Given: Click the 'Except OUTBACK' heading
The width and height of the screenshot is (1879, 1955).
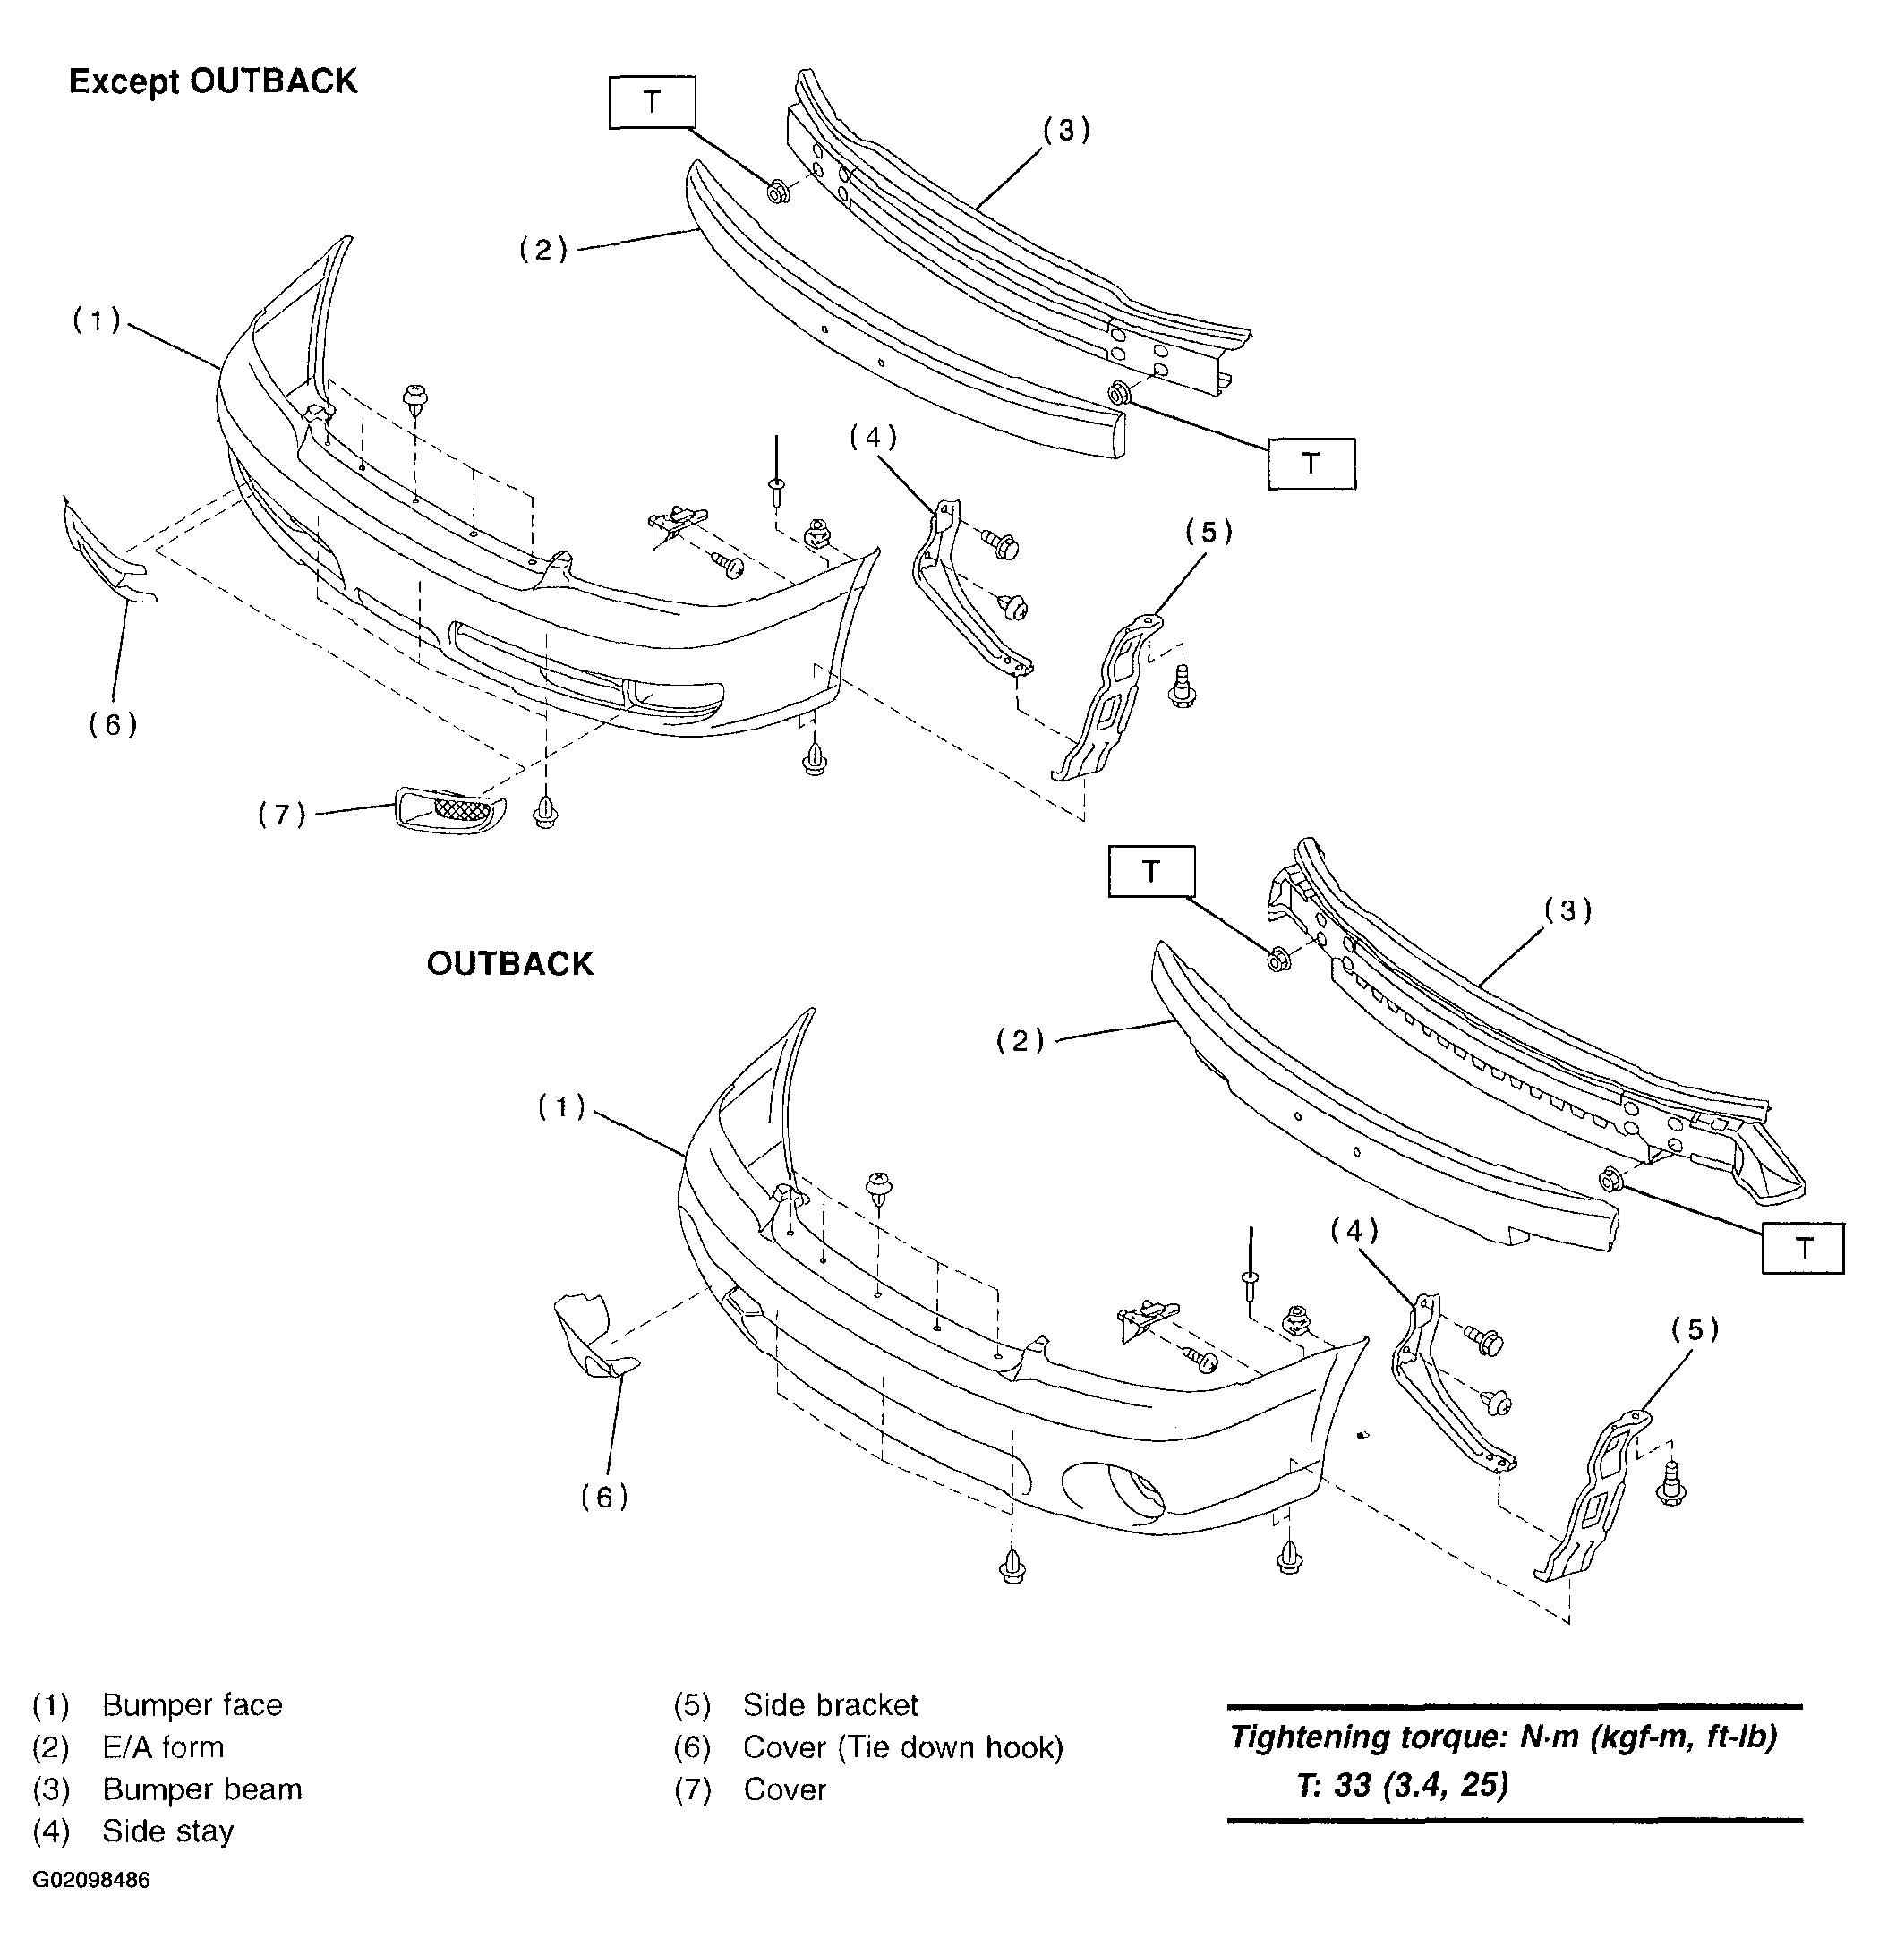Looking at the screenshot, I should pos(212,81).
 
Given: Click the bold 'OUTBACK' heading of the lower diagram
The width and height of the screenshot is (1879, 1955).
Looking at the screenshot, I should pos(509,963).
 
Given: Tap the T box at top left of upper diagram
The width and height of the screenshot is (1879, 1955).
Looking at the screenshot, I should pos(652,102).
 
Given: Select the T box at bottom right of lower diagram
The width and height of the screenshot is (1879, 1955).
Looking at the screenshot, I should pos(1802,1248).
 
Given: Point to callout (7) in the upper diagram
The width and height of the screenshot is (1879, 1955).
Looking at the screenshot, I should pos(282,815).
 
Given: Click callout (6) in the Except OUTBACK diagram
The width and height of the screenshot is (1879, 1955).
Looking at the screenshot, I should pos(113,724).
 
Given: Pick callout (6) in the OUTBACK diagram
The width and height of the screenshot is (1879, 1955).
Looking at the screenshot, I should pos(604,1496).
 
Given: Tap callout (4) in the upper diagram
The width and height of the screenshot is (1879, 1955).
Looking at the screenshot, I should pos(874,437).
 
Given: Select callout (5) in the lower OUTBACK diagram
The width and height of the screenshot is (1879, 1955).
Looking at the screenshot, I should pos(1695,1328).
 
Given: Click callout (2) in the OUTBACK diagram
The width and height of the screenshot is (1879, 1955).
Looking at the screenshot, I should pos(1021,1041).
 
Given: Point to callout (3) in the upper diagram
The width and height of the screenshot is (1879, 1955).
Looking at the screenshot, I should pos(1066,130).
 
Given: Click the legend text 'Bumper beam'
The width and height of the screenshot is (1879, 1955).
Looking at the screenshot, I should pos(201,1789).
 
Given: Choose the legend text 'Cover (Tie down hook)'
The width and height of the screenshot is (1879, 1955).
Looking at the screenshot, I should pos(902,1746).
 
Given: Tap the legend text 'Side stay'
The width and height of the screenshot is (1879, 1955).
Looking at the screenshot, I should pos(167,1831).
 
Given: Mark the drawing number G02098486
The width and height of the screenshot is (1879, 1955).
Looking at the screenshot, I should pos(91,1880).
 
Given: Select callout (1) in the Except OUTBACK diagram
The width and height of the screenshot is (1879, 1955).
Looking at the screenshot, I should pos(97,320).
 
